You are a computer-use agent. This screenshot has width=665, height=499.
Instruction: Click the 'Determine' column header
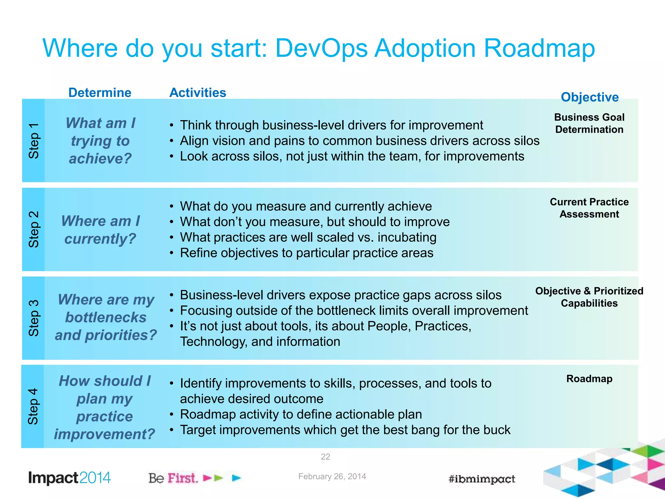[100, 93]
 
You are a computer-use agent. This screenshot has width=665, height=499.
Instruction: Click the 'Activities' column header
[197, 93]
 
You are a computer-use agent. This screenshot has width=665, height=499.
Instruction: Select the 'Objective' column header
[589, 97]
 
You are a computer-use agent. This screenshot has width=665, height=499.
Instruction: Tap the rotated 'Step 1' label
[34, 141]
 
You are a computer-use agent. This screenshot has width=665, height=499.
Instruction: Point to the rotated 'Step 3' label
[34, 318]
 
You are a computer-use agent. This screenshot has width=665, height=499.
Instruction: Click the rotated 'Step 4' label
[33, 406]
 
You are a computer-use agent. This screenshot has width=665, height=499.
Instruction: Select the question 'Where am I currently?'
[100, 230]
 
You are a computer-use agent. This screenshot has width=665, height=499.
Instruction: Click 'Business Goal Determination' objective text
[589, 123]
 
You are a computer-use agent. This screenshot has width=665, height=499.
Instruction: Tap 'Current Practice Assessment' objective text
[589, 208]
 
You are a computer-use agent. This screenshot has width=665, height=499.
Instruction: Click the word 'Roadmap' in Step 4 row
[589, 379]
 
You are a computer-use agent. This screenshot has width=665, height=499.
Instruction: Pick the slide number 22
[325, 457]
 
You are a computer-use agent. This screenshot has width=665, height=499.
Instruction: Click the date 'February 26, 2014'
[332, 476]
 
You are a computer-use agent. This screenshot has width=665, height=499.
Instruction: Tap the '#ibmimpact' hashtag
[482, 479]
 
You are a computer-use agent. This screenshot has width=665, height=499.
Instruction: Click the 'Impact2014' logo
[69, 478]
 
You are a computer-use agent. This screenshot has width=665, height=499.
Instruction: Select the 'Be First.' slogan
[173, 478]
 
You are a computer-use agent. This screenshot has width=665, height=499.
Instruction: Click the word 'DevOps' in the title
[321, 48]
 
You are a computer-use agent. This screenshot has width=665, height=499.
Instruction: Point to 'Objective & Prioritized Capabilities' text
[589, 297]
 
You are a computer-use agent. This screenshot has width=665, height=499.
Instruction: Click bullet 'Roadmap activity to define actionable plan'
[301, 415]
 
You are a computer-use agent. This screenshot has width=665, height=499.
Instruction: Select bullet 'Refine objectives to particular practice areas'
[307, 253]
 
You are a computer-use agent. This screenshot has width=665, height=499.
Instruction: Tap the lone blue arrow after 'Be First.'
[236, 478]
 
